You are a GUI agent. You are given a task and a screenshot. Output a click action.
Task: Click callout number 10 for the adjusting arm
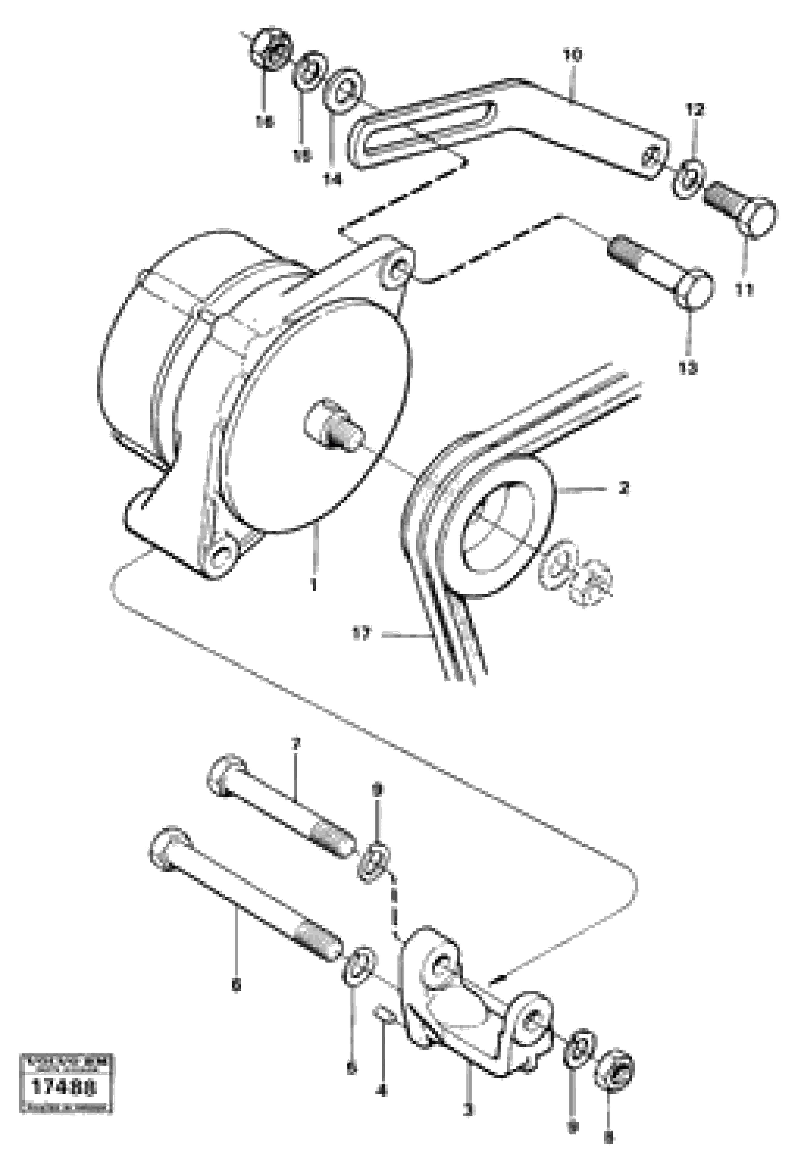pos(572,55)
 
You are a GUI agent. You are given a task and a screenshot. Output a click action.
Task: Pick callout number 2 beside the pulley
pos(624,488)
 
